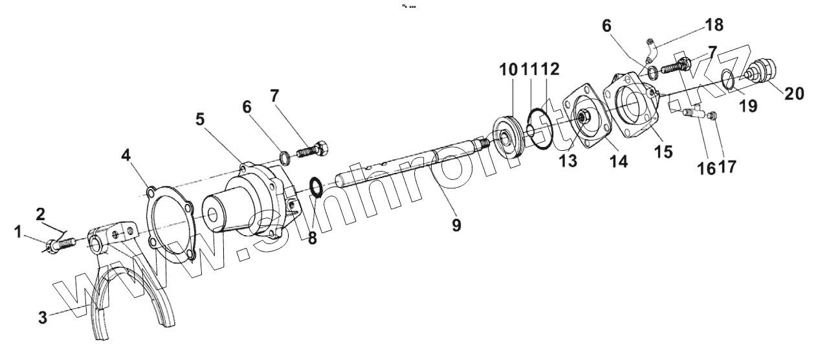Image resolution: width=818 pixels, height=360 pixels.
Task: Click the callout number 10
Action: pos(508,69)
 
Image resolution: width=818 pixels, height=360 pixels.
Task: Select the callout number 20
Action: pos(794,93)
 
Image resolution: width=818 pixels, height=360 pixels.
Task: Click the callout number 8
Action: pos(312,238)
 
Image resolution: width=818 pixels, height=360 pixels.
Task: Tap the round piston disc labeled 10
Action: pos(510,137)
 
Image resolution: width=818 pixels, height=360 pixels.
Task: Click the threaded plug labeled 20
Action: pos(762,69)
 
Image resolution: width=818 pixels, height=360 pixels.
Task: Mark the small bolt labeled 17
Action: pos(711,116)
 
